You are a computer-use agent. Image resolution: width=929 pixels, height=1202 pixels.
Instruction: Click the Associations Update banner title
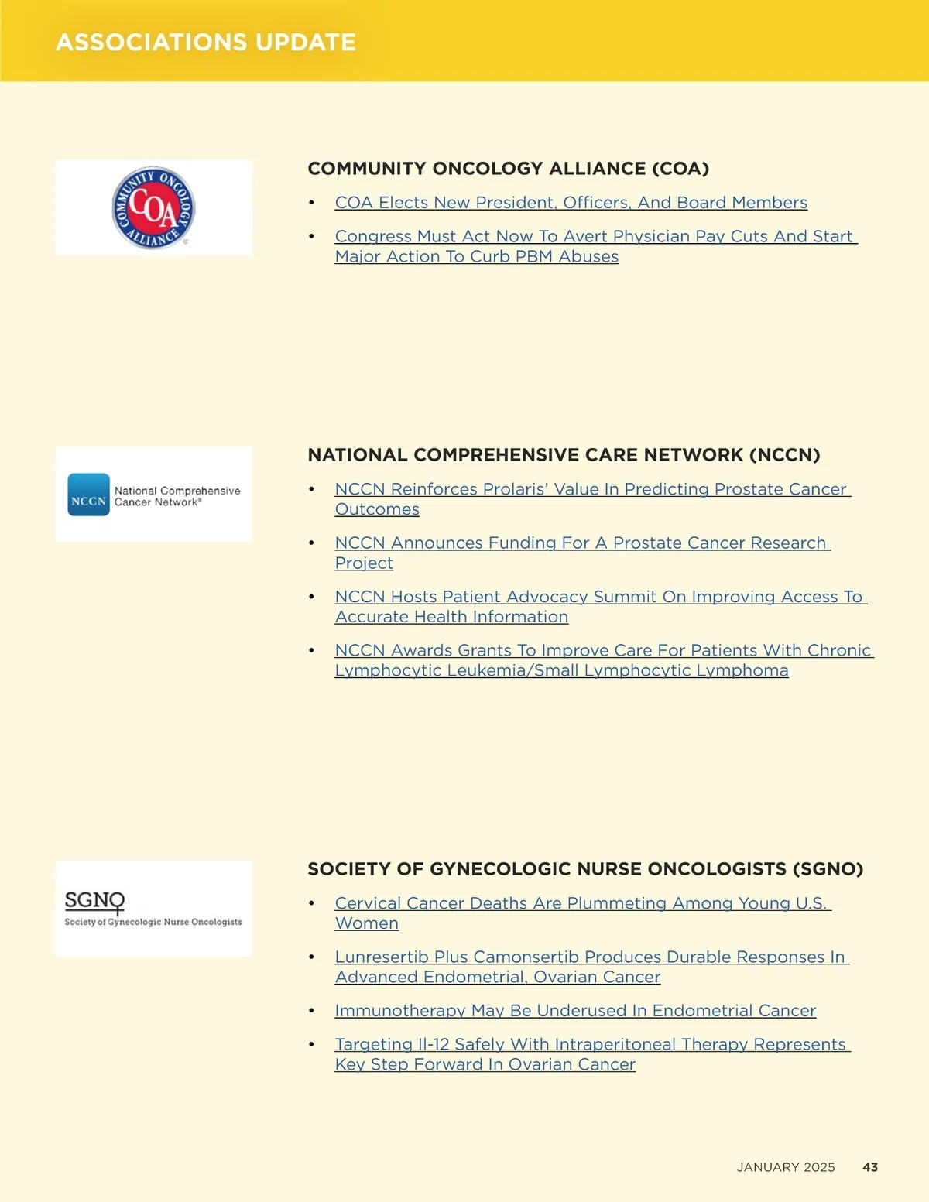[206, 42]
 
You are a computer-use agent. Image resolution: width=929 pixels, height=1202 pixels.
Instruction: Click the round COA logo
[153, 207]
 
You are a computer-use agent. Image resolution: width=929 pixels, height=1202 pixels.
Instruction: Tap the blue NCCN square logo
[88, 495]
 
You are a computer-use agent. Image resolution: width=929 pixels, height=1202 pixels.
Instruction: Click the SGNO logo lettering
[94, 901]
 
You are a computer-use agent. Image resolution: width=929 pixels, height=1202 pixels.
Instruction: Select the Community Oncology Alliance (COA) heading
[508, 169]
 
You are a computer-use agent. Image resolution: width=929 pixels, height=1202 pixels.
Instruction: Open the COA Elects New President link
[571, 203]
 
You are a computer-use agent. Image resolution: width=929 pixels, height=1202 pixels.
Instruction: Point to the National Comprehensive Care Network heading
[564, 455]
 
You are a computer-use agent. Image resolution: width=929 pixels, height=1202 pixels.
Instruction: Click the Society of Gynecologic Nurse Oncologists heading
[585, 869]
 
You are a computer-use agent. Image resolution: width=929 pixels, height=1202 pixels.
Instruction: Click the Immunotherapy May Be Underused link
[575, 1011]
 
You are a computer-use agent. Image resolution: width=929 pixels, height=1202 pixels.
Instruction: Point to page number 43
[870, 1167]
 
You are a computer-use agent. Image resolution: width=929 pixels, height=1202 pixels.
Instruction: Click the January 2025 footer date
[786, 1167]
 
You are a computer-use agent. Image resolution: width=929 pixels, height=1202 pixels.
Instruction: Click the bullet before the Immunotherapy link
[311, 1011]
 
